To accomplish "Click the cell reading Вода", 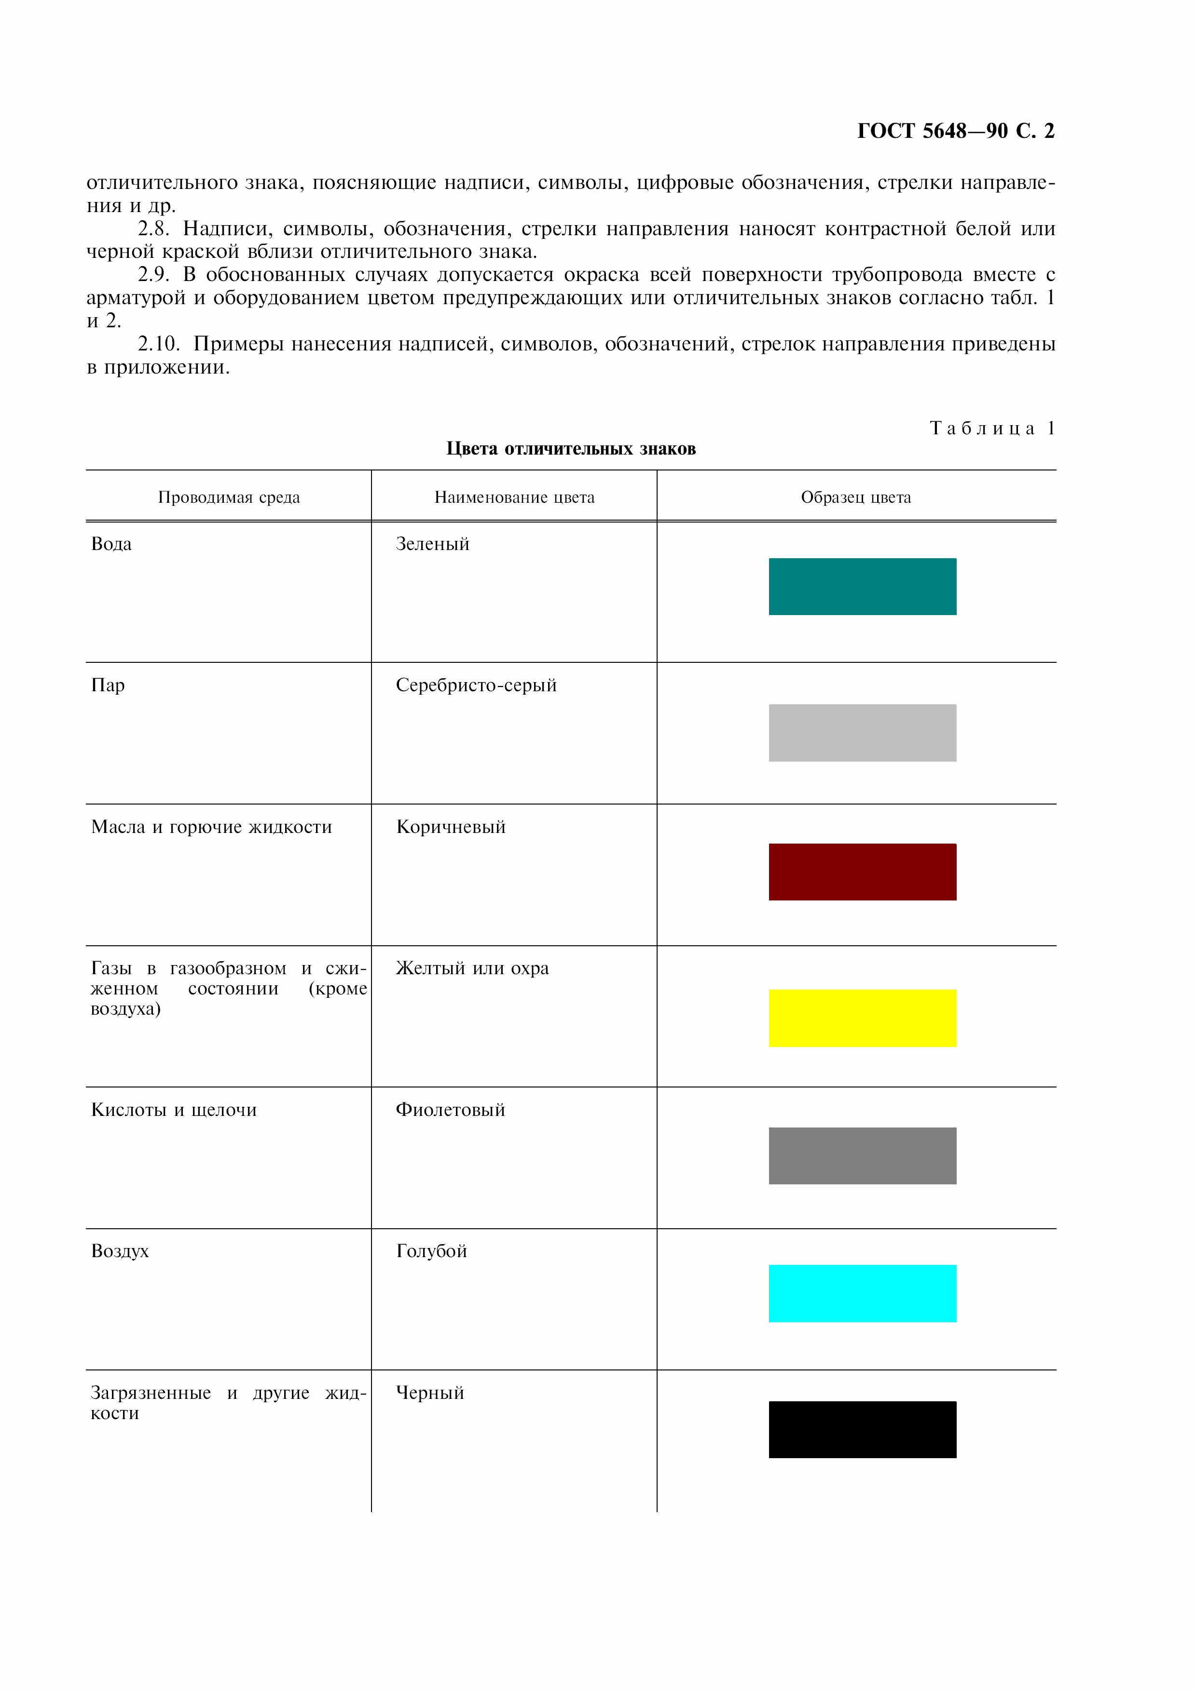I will (111, 544).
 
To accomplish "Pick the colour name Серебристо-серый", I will (476, 685).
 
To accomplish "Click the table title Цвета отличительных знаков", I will (571, 448).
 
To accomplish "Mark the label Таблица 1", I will (992, 428).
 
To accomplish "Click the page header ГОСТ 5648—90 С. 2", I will (956, 131).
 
